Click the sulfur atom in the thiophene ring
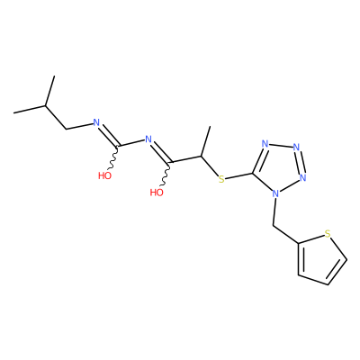point(328,233)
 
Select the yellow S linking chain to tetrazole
point(221,179)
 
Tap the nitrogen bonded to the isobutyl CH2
point(96,122)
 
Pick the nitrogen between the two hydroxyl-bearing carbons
point(148,139)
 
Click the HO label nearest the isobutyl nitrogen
point(104,175)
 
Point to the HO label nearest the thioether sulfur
point(157,193)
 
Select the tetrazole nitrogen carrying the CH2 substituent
point(275,193)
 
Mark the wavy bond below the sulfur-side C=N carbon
point(166,175)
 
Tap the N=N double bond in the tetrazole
point(301,162)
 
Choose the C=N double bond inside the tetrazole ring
point(259,160)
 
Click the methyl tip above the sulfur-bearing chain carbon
point(210,127)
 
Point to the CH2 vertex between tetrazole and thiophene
point(274,225)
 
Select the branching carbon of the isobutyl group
point(46,105)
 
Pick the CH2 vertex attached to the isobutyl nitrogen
point(67,129)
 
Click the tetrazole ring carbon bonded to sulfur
point(253,174)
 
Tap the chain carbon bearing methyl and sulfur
point(201,157)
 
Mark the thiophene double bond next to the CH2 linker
point(300,258)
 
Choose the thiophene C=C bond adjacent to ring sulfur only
point(337,272)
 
